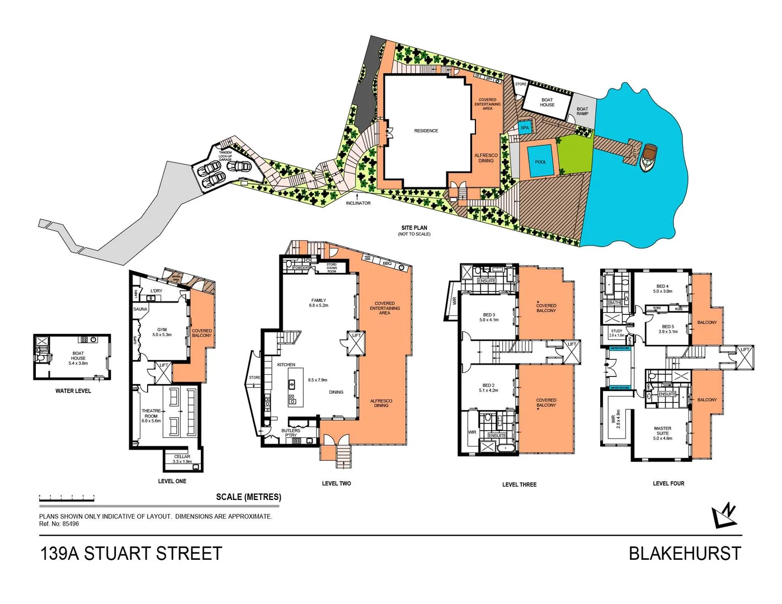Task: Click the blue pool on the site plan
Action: pyautogui.click(x=540, y=161)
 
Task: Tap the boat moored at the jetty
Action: pyautogui.click(x=649, y=157)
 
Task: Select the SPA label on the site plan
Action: pyautogui.click(x=525, y=128)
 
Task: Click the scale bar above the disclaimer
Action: pyautogui.click(x=67, y=498)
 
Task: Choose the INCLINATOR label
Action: pyautogui.click(x=358, y=203)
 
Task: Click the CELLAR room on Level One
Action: pyautogui.click(x=182, y=459)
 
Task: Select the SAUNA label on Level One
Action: pyautogui.click(x=140, y=309)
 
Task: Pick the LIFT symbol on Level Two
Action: pyautogui.click(x=356, y=342)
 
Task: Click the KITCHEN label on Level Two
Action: pyautogui.click(x=286, y=365)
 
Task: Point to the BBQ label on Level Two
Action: pyautogui.click(x=387, y=263)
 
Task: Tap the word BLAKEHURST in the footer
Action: pyautogui.click(x=685, y=554)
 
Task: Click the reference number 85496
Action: pyautogui.click(x=70, y=524)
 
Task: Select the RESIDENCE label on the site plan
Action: pyautogui.click(x=426, y=131)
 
